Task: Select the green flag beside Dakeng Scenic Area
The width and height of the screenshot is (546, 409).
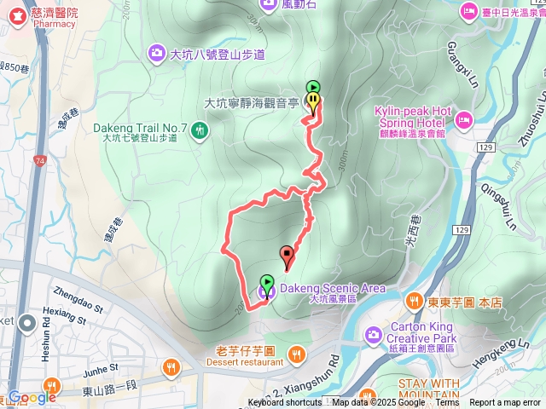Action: (x=267, y=283)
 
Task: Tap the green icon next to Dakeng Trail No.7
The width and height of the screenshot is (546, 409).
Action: (x=198, y=130)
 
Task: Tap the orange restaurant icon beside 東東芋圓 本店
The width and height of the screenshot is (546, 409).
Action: (x=413, y=300)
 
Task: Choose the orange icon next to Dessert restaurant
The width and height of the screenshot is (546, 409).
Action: (x=296, y=352)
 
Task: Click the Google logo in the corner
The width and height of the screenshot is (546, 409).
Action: (x=32, y=396)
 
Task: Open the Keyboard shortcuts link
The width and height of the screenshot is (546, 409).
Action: (x=285, y=403)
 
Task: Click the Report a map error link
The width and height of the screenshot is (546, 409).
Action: (x=506, y=403)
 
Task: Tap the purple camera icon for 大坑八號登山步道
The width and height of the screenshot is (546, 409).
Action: (x=157, y=54)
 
